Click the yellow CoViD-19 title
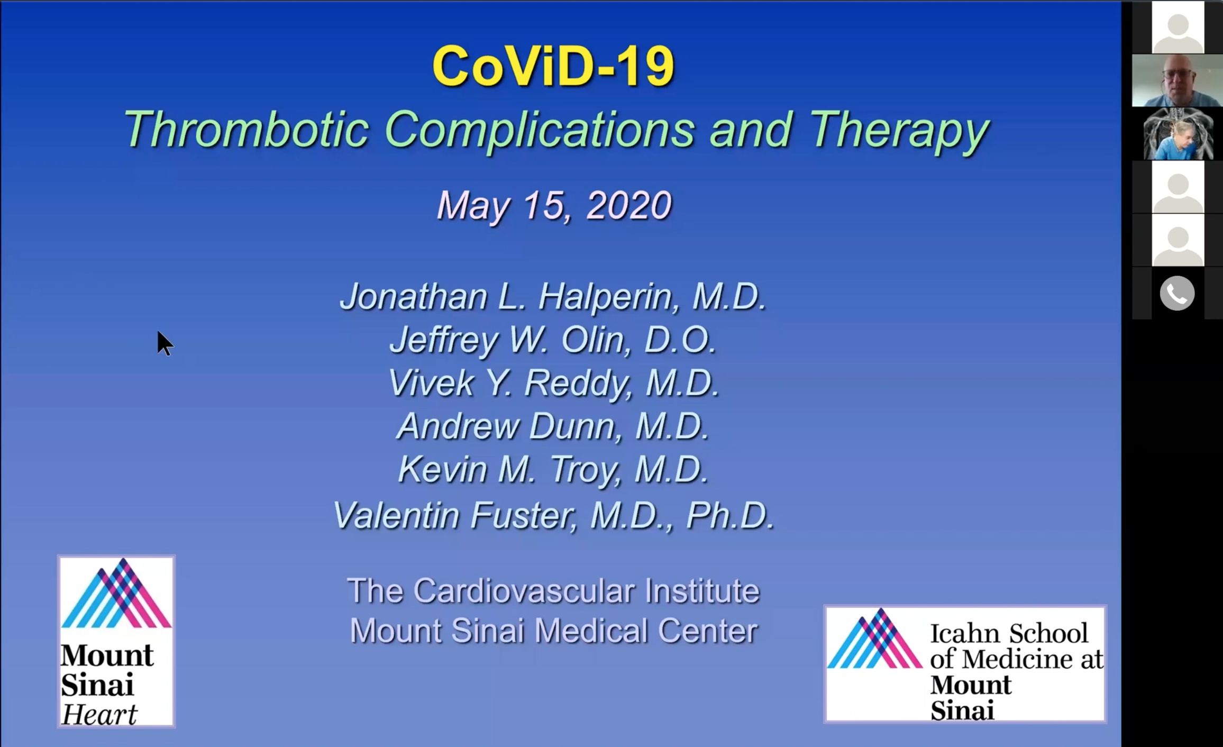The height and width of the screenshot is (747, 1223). [553, 67]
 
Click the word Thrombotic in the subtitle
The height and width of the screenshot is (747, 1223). [245, 130]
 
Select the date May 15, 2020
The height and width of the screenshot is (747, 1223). [554, 205]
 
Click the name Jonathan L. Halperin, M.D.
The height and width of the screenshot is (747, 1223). [553, 296]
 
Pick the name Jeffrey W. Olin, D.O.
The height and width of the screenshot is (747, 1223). [553, 340]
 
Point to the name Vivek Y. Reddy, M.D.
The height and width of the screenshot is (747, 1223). [553, 383]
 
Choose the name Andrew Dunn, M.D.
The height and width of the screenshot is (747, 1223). [553, 426]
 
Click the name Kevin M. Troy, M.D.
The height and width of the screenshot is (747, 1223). [553, 470]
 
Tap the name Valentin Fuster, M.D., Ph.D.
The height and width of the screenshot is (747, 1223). [553, 515]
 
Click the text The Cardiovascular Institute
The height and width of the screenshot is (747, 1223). [553, 591]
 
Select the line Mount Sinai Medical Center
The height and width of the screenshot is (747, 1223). [553, 631]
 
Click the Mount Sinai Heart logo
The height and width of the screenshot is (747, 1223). [116, 641]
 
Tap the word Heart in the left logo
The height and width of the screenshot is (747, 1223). [99, 715]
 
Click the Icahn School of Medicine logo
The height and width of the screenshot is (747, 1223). [965, 664]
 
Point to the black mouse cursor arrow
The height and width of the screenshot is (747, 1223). [165, 343]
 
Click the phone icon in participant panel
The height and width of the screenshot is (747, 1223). [1177, 293]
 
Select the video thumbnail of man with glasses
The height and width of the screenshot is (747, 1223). [1177, 80]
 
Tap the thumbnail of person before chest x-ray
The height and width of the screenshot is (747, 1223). [1177, 134]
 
